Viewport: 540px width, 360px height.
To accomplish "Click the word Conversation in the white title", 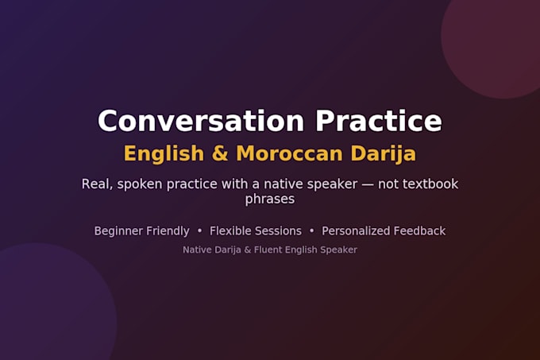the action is pyautogui.click(x=201, y=121).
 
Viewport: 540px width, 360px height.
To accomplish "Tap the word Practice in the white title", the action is pyautogui.click(x=379, y=121).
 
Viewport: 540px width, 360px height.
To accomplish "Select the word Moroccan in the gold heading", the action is pyautogui.click(x=289, y=153).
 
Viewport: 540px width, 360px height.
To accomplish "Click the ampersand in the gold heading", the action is pyautogui.click(x=220, y=153).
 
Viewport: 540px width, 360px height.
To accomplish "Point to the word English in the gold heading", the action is pyautogui.click(x=164, y=154).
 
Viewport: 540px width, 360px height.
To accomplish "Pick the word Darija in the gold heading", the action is pyautogui.click(x=384, y=154).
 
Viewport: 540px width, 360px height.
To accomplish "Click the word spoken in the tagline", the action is pyautogui.click(x=140, y=184).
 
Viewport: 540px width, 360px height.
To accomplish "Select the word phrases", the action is pyautogui.click(x=270, y=199).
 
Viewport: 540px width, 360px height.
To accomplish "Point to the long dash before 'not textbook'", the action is pyautogui.click(x=368, y=184).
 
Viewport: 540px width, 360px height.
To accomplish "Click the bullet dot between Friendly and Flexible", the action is pyautogui.click(x=199, y=230).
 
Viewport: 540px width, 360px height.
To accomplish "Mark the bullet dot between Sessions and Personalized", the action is pyautogui.click(x=311, y=230).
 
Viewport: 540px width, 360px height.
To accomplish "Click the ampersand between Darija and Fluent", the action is pyautogui.click(x=248, y=250).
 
